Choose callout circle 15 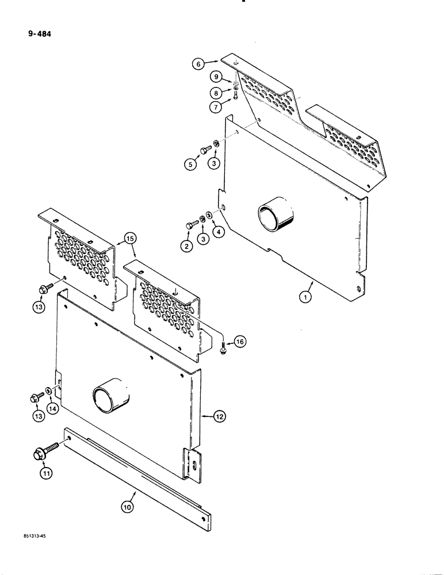(129, 237)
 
